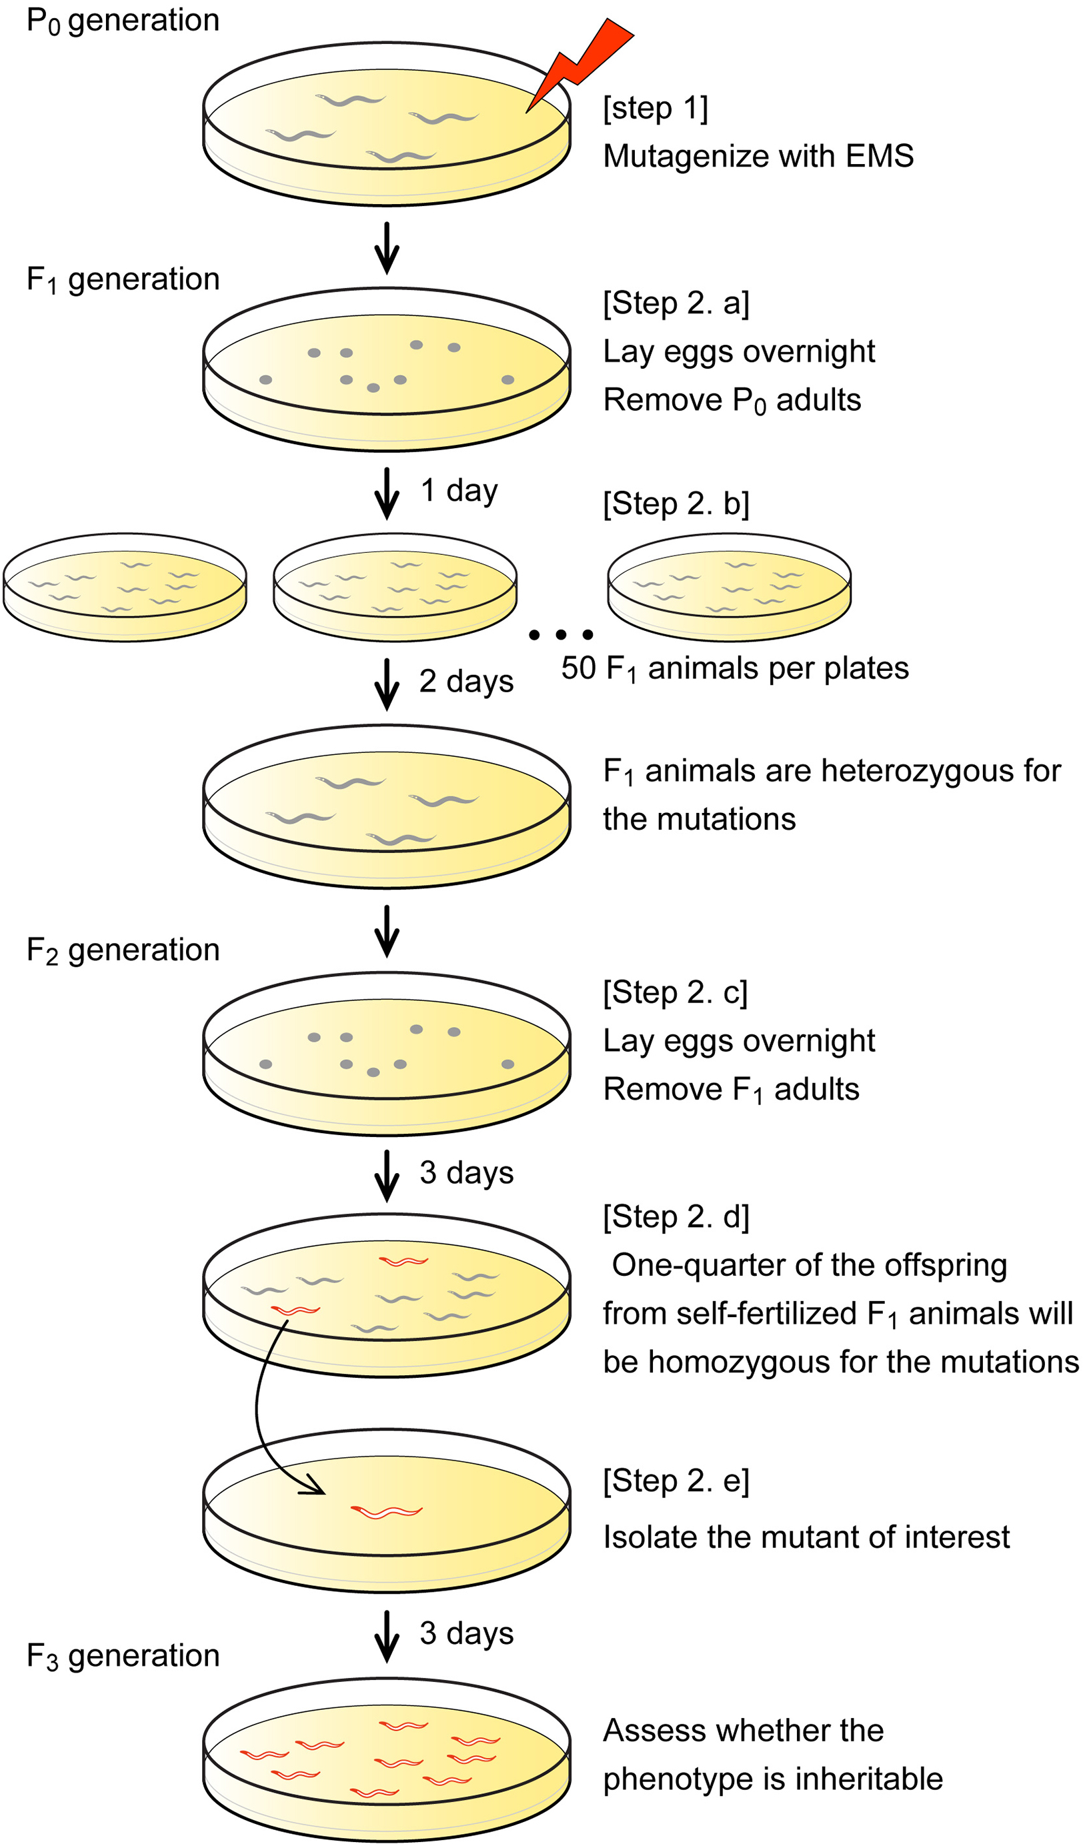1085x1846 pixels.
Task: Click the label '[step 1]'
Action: (x=655, y=109)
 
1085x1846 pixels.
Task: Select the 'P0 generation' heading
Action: (x=123, y=21)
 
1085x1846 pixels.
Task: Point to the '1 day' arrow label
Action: (x=459, y=490)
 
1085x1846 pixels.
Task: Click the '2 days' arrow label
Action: (x=466, y=682)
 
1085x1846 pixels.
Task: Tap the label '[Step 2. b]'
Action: (x=676, y=504)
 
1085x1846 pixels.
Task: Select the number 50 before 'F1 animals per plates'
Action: (x=579, y=668)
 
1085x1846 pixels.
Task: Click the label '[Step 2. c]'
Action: (x=675, y=992)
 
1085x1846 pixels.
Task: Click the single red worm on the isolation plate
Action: (x=386, y=1512)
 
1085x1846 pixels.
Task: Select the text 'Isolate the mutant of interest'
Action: (x=806, y=1537)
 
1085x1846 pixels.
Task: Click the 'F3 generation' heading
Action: (x=123, y=1655)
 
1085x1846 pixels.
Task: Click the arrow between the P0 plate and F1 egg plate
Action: (x=386, y=249)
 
